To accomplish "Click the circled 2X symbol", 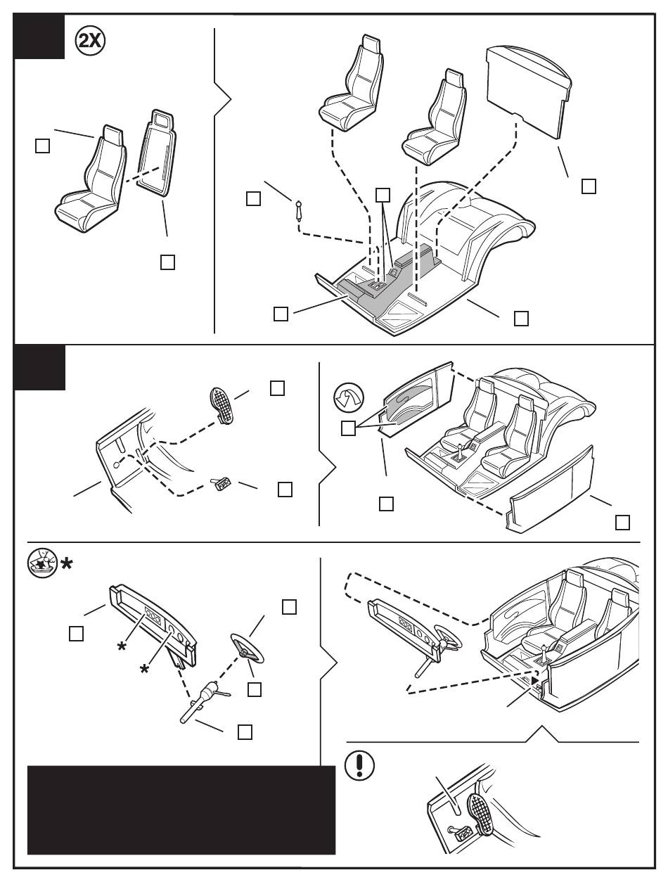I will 90,41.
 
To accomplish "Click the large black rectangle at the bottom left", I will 181,810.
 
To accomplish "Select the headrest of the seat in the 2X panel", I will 113,132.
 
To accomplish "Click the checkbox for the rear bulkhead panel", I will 589,186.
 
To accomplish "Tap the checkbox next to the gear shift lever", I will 253,198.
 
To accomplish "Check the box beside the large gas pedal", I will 277,388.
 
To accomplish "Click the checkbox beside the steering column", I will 245,731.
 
